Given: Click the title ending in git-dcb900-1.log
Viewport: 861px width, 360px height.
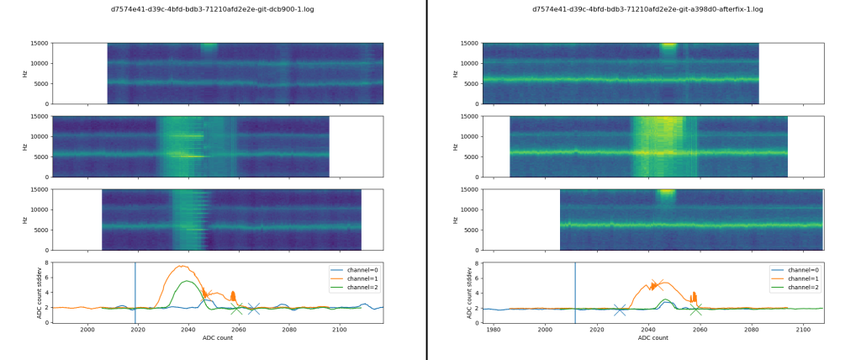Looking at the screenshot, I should [218, 9].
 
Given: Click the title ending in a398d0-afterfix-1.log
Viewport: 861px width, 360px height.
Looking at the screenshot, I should [647, 9].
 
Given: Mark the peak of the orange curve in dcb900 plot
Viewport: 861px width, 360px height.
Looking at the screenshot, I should [181, 267].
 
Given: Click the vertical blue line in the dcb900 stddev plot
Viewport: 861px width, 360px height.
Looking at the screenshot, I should [135, 292].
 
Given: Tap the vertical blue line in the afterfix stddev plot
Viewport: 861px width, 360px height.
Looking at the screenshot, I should [575, 292].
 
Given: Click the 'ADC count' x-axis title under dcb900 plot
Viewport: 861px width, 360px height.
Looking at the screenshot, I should [218, 338].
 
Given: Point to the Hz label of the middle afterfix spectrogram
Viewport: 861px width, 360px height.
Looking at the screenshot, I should [455, 146].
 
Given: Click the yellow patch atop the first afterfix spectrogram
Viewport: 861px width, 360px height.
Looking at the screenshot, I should [668, 45].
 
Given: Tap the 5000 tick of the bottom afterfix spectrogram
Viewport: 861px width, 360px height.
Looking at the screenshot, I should [468, 230].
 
